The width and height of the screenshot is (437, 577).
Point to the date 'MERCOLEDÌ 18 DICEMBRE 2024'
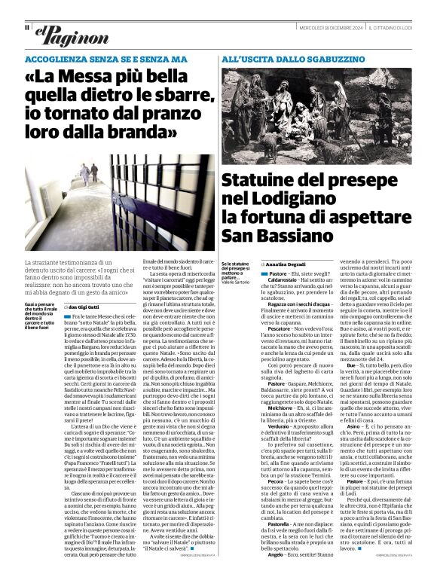pyautogui.click(x=325, y=28)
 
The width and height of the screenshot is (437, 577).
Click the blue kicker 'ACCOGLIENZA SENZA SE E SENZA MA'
pyautogui.click(x=105, y=58)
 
